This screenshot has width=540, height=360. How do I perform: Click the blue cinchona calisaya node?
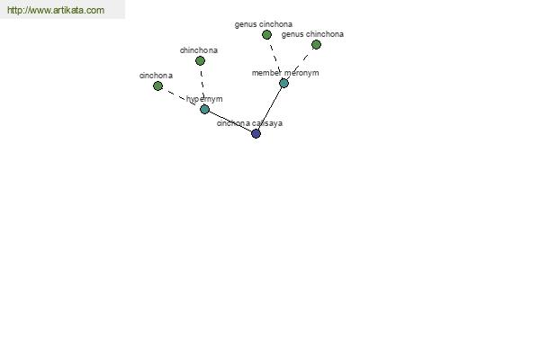256,134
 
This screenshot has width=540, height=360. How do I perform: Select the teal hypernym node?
204,110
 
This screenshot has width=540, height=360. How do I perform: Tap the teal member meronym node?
283,83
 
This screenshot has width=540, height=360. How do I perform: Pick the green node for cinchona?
157,85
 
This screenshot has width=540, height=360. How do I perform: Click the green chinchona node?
200,61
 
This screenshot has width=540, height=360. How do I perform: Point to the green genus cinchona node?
266,34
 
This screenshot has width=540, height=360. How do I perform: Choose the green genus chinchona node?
316,44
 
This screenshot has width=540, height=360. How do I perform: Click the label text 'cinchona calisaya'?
249,123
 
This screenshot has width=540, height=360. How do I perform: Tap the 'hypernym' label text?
204,99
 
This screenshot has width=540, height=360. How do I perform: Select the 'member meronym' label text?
285,73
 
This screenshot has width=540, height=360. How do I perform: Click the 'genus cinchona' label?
264,24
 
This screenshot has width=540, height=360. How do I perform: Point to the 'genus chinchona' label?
312,34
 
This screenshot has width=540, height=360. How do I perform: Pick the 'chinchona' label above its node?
199,50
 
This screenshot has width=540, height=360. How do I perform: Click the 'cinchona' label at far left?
156,76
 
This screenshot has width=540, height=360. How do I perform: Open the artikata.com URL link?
56,10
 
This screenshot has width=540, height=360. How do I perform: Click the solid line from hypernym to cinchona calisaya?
230,121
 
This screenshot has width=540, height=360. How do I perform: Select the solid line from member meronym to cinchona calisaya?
270,108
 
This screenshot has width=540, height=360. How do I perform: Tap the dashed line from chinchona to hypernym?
202,85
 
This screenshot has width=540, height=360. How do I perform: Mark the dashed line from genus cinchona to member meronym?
275,58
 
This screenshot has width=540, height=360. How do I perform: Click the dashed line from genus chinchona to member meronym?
300,64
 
